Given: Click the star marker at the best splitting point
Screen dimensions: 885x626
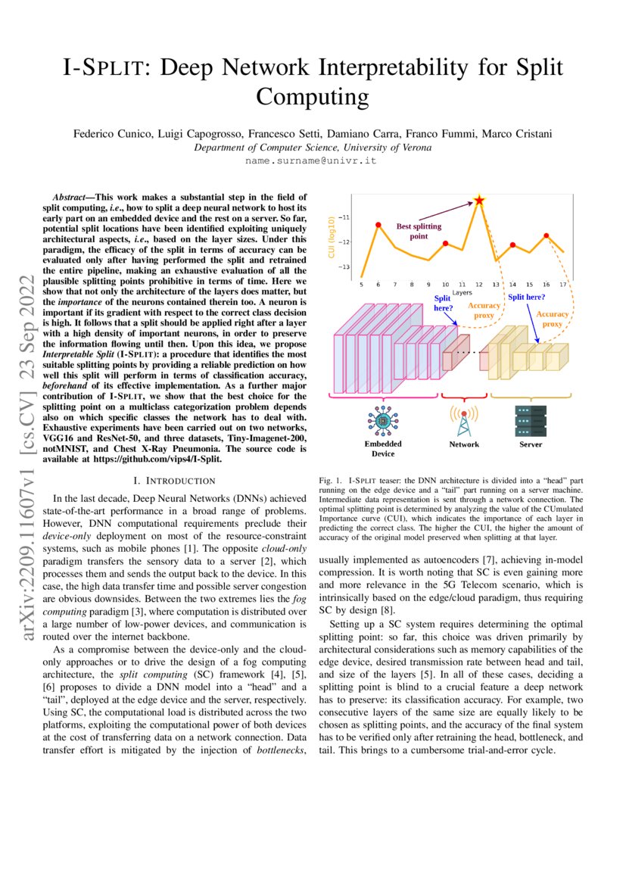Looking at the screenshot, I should pos(478,201).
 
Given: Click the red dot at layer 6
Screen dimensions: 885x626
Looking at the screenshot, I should pos(378,224).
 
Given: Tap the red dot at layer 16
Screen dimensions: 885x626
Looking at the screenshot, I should pos(546,235).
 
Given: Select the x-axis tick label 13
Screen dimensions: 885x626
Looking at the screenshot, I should pos(496,284).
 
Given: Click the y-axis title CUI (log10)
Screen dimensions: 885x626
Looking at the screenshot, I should pos(331,237).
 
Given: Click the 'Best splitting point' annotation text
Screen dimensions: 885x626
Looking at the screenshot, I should pos(419,231).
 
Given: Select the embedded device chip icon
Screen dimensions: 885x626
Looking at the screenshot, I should pos(382,421).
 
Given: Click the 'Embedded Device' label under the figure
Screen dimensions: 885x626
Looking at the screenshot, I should pos(383,448).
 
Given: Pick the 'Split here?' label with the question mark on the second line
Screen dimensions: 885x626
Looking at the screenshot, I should pos(442,304).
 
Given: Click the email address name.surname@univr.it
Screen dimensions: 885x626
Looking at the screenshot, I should pos(311,161).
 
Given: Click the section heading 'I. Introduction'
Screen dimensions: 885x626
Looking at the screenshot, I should pos(174,481).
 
